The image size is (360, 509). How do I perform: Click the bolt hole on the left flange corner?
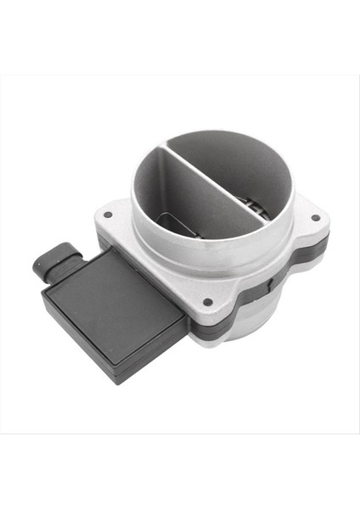(x=107, y=215)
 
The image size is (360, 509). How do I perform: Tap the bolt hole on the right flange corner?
(x=316, y=217)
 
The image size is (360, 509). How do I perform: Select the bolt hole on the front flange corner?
(x=207, y=302)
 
